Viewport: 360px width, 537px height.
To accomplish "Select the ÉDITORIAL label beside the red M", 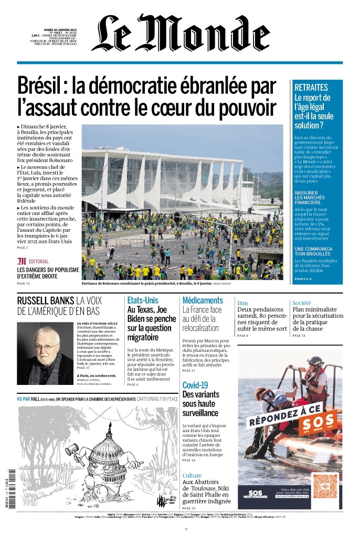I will (x=39, y=261).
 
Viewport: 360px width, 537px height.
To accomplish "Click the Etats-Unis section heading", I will (x=142, y=300).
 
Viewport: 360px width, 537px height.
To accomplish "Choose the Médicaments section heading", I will (x=203, y=300).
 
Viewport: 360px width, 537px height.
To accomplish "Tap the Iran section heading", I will (x=242, y=303).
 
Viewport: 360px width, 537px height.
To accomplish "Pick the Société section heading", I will (x=302, y=303).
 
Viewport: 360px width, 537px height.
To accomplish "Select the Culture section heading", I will (x=192, y=476).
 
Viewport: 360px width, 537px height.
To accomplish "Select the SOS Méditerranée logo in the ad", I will (x=256, y=493).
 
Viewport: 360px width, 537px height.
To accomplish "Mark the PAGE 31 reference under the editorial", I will (x=24, y=284).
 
